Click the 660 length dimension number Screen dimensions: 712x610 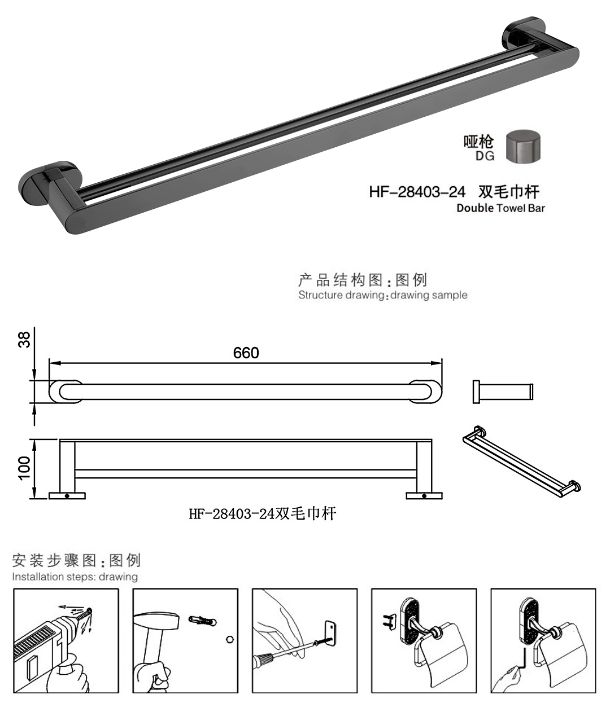tap(246, 353)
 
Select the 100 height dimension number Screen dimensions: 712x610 tap(24, 468)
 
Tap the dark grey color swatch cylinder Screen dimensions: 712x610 tap(522, 147)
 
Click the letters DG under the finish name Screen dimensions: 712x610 tap(485, 156)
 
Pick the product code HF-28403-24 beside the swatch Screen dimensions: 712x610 tap(417, 191)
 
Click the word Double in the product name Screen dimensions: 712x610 tap(475, 208)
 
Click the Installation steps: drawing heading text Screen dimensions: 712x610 tap(75, 577)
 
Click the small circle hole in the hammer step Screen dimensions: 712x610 tap(229, 639)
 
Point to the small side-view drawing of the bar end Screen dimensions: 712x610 tap(502, 392)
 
